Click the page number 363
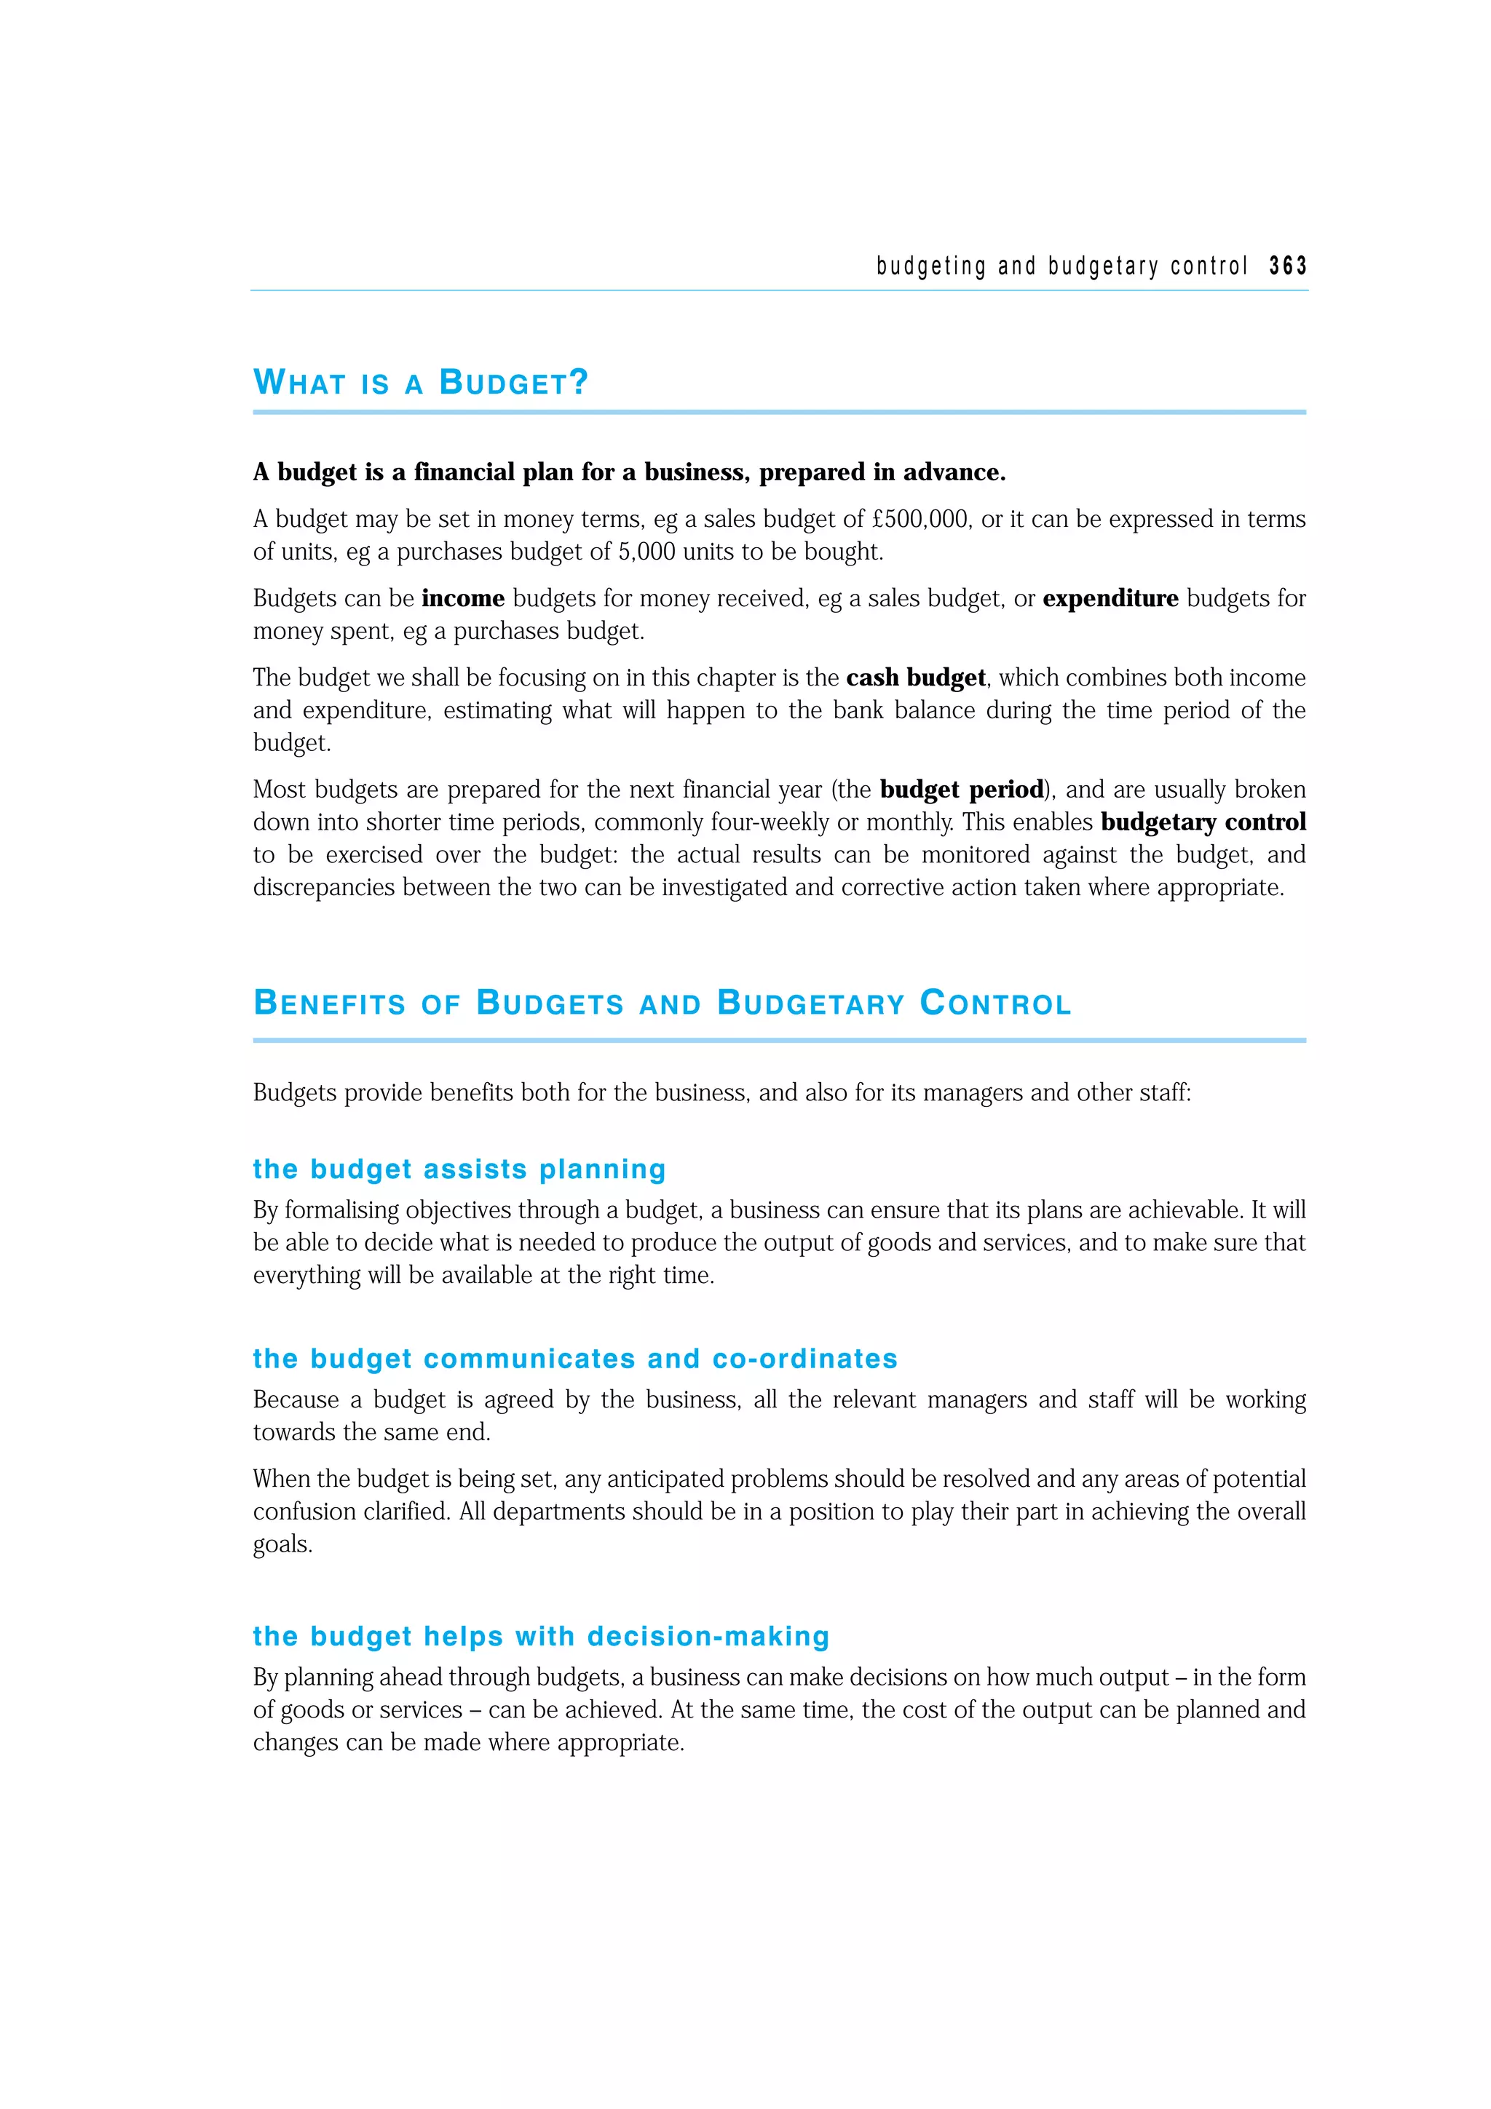tap(1287, 266)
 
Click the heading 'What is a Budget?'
tap(421, 382)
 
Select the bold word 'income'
tap(463, 599)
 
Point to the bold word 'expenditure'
tap(1110, 599)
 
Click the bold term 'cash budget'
tap(915, 678)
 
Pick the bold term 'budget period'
tap(962, 790)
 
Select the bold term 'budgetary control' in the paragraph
tap(1203, 822)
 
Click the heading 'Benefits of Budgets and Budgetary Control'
tap(663, 1003)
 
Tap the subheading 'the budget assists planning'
tap(459, 1169)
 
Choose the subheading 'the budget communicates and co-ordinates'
tap(575, 1359)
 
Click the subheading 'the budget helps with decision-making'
tap(541, 1636)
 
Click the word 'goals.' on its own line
tap(283, 1544)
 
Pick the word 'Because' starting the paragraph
tap(296, 1400)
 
